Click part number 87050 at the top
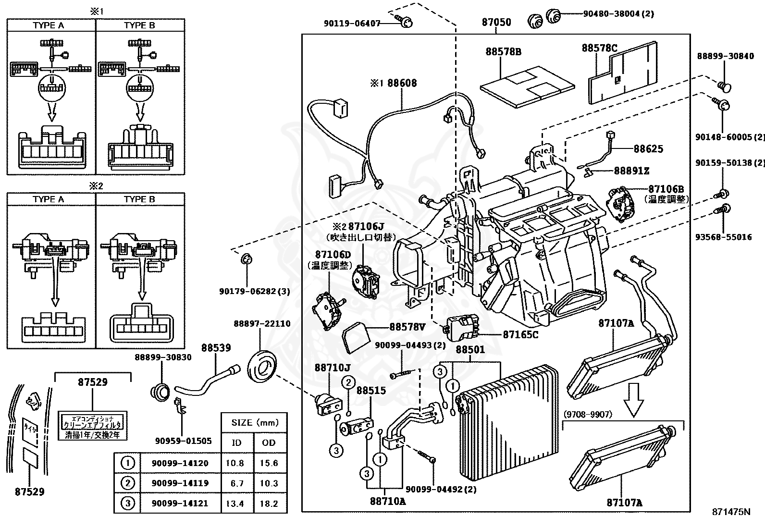tap(496, 22)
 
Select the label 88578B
tap(503, 51)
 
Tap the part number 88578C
tap(599, 48)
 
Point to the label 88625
tap(648, 148)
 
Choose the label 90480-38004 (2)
tap(618, 14)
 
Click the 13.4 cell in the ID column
tap(237, 503)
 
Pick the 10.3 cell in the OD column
tap(269, 483)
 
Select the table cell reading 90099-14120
tap(180, 464)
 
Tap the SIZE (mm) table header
tap(255, 423)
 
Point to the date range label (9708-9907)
tap(588, 414)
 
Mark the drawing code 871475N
tap(731, 512)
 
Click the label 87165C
tap(520, 334)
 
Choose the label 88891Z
tap(631, 171)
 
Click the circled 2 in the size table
tap(127, 483)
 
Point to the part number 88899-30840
tap(725, 56)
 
